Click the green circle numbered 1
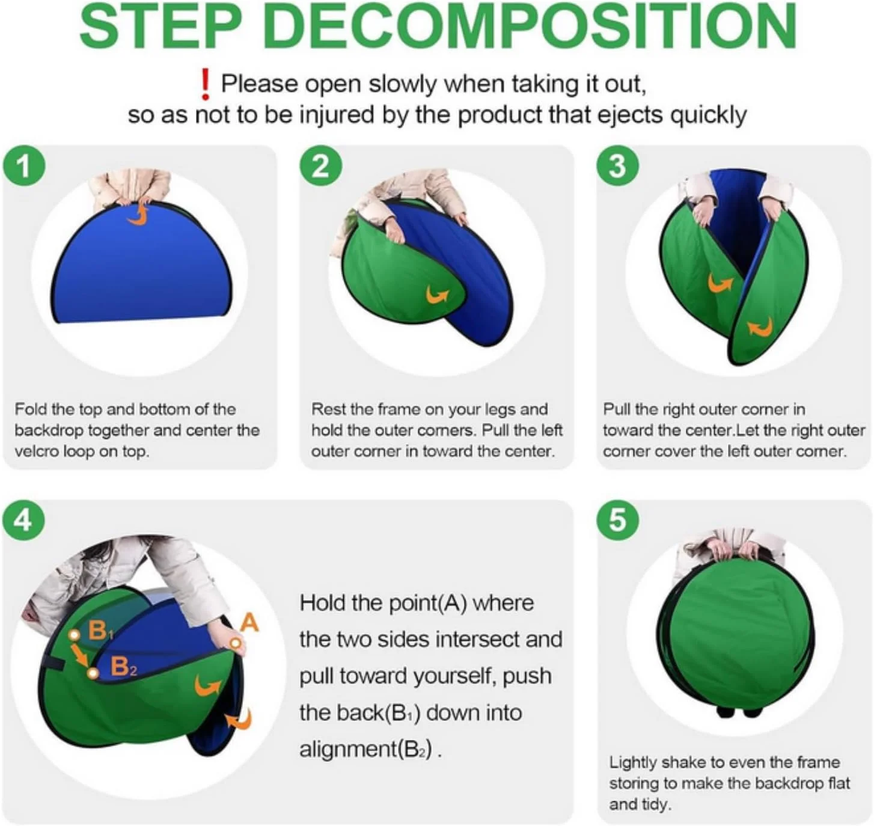tap(24, 167)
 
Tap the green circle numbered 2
tap(321, 167)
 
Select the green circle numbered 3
tap(618, 167)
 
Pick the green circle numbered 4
tap(24, 521)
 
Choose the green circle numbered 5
tap(618, 521)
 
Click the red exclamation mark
tap(204, 85)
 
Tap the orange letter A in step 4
tap(249, 623)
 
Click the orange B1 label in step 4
tap(101, 631)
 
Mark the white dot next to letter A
tap(236, 643)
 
